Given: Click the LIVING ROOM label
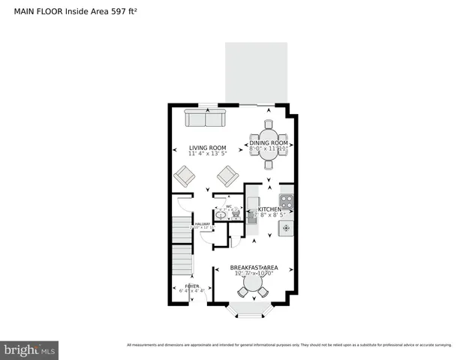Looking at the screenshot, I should point(208,148).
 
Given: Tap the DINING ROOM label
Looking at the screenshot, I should point(269,142).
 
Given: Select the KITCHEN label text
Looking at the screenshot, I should point(270,209).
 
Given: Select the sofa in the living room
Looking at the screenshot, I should point(205,118).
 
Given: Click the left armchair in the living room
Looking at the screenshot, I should point(184,177).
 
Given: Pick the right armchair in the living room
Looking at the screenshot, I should point(227,176).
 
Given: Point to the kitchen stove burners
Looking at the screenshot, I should point(286,202).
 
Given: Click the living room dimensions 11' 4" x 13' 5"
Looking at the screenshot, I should point(208,154).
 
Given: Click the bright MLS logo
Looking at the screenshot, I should point(30,349).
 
